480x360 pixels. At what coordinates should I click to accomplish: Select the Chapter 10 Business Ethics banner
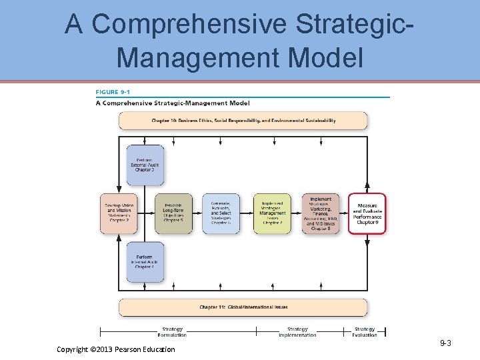tap(243, 121)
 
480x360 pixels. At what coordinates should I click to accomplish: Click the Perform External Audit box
tap(145, 165)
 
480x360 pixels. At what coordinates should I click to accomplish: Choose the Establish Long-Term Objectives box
tap(173, 213)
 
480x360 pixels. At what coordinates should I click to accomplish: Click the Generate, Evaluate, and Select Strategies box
tap(221, 213)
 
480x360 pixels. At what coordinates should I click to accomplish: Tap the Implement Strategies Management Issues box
tap(272, 213)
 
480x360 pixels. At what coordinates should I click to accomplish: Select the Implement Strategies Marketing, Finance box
tap(321, 213)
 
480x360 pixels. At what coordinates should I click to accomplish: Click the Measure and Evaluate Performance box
tap(367, 213)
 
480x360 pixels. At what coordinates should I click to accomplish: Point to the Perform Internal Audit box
tap(145, 262)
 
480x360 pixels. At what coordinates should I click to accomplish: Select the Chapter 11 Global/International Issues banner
tap(243, 307)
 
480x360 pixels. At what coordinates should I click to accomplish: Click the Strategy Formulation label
tap(173, 332)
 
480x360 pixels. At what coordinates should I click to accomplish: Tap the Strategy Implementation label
tap(298, 332)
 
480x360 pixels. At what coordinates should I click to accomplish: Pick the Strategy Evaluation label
tap(365, 332)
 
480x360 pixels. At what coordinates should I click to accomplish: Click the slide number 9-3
tap(445, 343)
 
